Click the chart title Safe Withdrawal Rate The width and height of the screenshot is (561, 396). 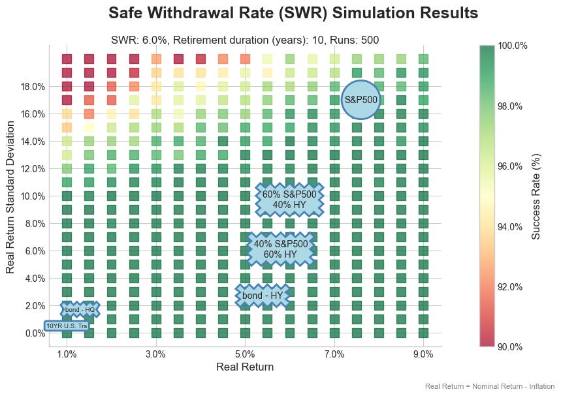point(293,14)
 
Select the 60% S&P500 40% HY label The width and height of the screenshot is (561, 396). point(289,199)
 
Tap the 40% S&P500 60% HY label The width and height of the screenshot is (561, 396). point(281,249)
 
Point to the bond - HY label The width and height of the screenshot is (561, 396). point(263,296)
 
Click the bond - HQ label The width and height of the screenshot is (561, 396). point(80,310)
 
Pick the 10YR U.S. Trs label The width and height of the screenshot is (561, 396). point(66,326)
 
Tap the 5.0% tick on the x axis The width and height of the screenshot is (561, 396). point(245,354)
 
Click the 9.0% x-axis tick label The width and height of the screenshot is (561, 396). point(423,354)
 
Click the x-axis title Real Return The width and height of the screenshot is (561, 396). point(245,367)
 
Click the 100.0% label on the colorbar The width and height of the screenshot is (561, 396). point(513,46)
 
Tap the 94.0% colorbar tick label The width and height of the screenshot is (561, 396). point(511,226)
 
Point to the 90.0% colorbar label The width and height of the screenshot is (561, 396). point(511,346)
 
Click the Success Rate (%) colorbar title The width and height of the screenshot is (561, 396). point(536,196)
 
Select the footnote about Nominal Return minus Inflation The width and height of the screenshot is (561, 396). point(490,386)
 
